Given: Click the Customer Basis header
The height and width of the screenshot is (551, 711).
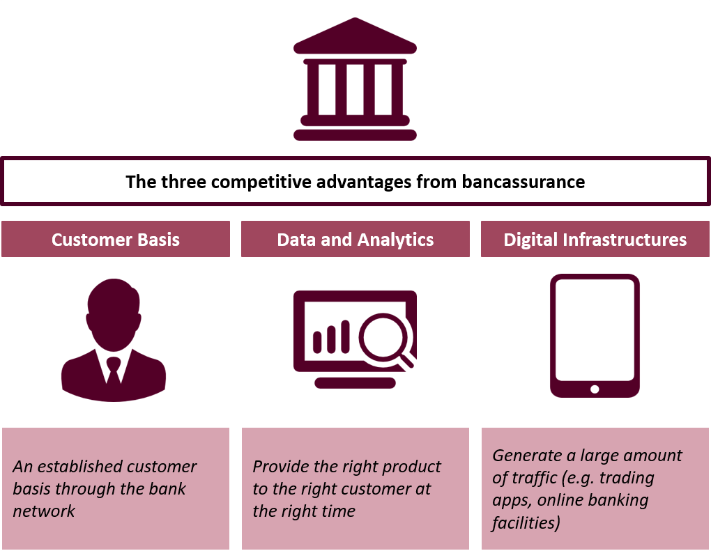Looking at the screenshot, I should click(116, 240).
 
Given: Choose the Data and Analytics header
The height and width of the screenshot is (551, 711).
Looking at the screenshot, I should click(355, 240).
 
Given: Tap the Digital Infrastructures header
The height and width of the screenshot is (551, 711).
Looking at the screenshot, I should click(595, 240).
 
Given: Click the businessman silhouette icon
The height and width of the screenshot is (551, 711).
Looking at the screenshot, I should click(114, 341).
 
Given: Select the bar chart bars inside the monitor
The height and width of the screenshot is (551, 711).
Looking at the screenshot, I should click(332, 339).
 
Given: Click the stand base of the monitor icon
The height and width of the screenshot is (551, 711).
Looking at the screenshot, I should click(355, 383).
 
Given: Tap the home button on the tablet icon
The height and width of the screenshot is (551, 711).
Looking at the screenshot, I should click(595, 389).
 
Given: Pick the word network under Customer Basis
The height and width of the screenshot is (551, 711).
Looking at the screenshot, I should click(44, 511).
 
